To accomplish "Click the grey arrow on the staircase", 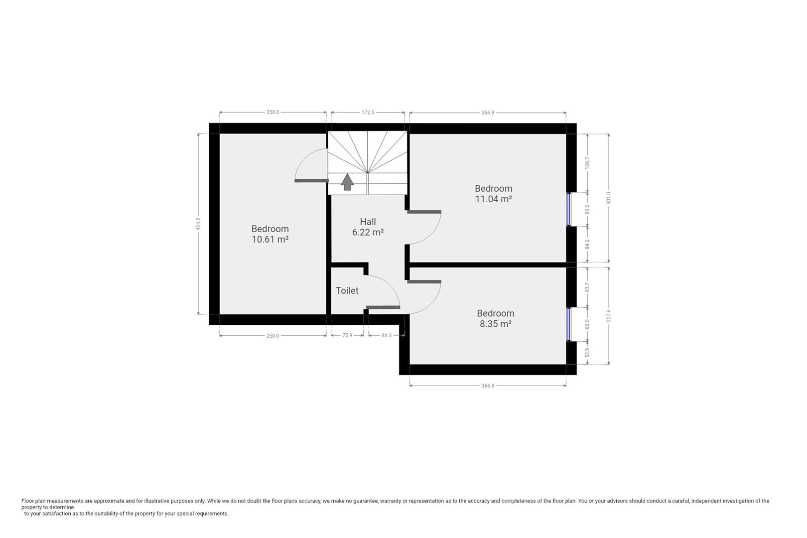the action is (x=347, y=182).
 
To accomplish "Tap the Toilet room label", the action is (x=347, y=290).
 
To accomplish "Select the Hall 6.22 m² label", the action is (x=368, y=227).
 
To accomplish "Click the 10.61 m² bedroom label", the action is (x=270, y=234).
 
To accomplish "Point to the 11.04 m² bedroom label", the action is (x=494, y=193).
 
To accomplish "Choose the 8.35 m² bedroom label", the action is (x=495, y=318).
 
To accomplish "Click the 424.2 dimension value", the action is (x=198, y=224).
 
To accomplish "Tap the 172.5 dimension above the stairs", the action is (x=368, y=113).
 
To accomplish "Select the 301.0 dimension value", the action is (x=609, y=198).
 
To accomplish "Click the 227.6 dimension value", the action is (x=609, y=316).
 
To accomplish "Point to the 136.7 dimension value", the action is (x=587, y=163).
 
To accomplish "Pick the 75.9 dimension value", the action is (x=347, y=335).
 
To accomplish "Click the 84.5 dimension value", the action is (x=387, y=335).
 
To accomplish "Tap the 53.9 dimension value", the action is (x=587, y=353).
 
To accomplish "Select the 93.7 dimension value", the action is (x=587, y=287).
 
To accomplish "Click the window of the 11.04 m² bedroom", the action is (x=569, y=209).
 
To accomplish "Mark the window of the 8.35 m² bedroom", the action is (x=569, y=324).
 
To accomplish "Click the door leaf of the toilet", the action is (x=383, y=307).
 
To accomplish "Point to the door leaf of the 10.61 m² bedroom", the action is (x=311, y=180).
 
